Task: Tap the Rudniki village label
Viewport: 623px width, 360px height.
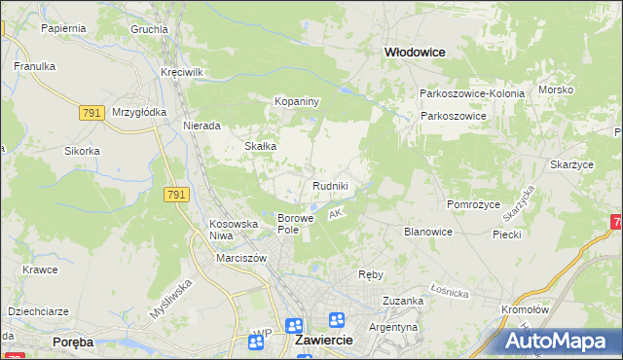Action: pos(330,186)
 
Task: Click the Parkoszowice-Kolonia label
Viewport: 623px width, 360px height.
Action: pos(472,93)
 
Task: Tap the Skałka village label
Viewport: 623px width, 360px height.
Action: pos(261,146)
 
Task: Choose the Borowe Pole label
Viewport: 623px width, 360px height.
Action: pos(296,224)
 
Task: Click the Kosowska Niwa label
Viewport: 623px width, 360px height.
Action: pos(234,230)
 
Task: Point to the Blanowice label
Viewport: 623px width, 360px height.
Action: pos(428,232)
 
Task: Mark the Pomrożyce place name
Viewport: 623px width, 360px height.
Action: pos(473,205)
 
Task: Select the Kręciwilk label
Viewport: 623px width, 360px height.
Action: pos(182,73)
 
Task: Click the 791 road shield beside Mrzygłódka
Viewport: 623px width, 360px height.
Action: pos(92,113)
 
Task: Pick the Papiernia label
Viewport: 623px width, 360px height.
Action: pos(64,28)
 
